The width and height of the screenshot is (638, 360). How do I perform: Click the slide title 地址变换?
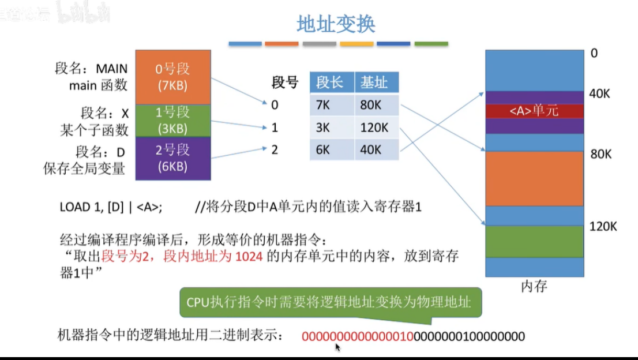coord(336,24)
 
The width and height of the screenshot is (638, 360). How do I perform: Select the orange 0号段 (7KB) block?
coord(172,76)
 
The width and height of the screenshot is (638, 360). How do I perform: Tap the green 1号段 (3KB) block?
coord(172,120)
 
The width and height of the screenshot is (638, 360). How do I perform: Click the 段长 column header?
coord(330,82)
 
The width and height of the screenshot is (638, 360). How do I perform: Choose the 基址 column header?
coord(374,82)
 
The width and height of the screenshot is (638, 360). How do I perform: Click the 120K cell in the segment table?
coord(374,127)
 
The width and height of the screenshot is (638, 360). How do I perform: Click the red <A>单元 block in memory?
coord(534,111)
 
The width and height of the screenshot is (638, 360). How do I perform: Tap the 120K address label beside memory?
coord(603,226)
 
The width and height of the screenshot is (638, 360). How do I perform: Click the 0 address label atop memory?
coord(594,54)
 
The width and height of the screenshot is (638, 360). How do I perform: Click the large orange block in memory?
coord(534,178)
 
